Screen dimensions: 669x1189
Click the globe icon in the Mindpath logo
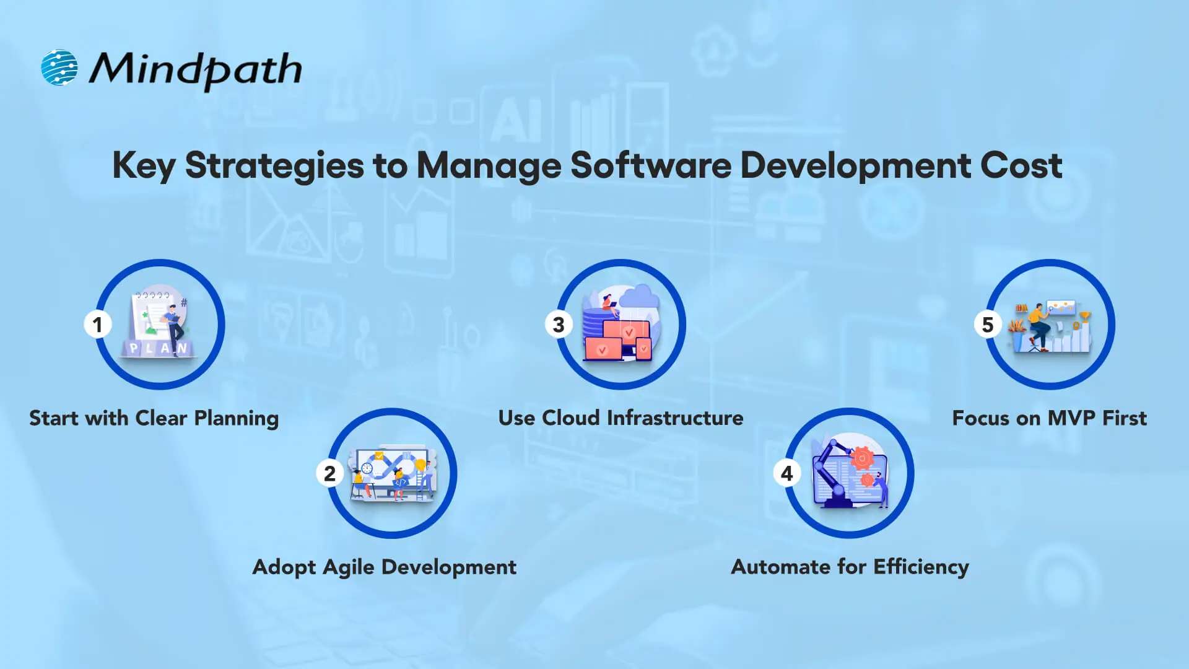(59, 68)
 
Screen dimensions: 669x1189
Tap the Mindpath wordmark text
(195, 69)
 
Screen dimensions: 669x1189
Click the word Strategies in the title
(274, 165)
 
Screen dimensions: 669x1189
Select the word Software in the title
(650, 165)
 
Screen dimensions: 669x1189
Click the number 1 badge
(97, 325)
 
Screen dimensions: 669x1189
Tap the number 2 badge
(329, 474)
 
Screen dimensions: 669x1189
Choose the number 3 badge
(559, 325)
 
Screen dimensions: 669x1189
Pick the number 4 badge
(786, 474)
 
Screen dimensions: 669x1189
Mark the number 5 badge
(987, 325)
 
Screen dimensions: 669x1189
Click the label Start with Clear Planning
(154, 418)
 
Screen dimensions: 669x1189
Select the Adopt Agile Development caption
(384, 567)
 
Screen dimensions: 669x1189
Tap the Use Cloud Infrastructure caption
(621, 418)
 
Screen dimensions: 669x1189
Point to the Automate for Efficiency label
(850, 567)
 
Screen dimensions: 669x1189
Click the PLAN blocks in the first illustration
(158, 348)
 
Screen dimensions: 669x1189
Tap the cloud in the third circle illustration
(640, 297)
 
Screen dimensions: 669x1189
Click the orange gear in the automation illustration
(861, 458)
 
